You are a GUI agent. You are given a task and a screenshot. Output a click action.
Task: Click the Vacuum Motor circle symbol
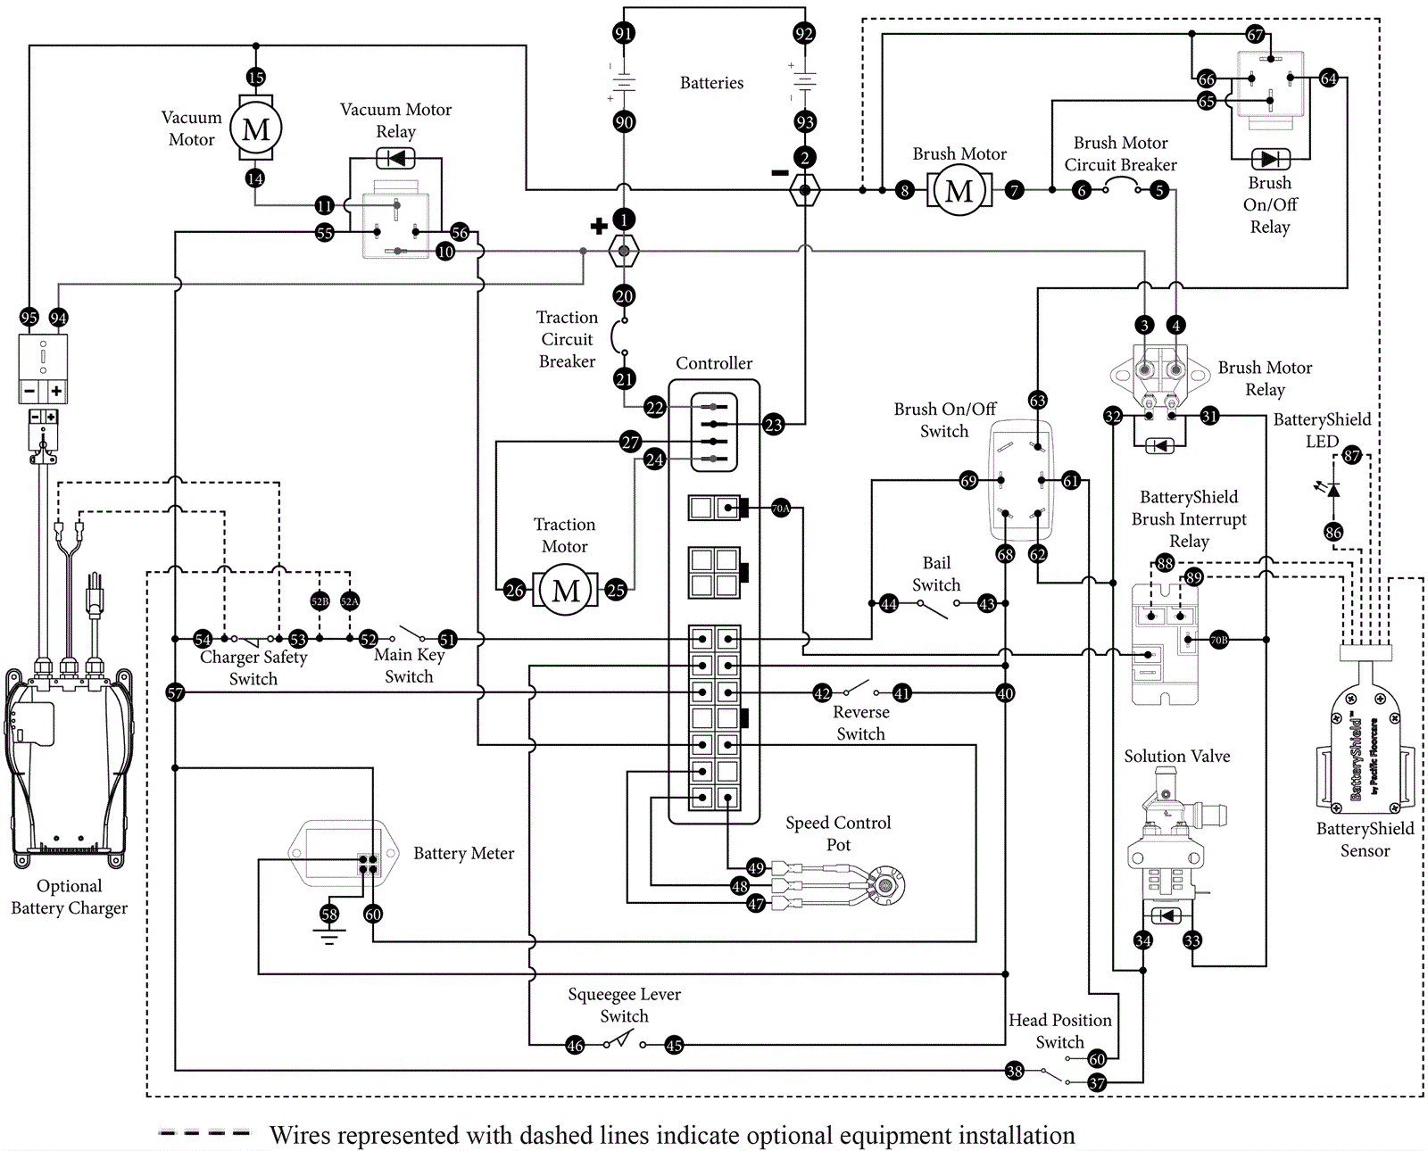(x=255, y=128)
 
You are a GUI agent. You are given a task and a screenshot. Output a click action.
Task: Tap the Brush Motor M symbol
(x=959, y=190)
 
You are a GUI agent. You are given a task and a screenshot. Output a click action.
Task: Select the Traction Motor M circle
(x=566, y=590)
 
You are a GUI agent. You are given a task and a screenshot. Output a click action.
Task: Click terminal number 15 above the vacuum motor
(x=255, y=78)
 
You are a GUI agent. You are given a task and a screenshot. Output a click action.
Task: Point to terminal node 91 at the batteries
(x=623, y=34)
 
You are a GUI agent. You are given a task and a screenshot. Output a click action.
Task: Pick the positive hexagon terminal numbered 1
(x=624, y=250)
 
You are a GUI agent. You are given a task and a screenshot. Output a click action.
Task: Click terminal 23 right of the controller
(x=773, y=425)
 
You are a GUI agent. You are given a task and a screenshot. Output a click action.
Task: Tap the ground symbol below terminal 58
(x=329, y=936)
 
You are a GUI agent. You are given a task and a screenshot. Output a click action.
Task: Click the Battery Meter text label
(x=463, y=854)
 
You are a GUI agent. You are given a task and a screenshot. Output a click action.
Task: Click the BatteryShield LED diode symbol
(x=1333, y=489)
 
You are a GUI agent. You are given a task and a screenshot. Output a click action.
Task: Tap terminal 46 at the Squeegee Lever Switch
(x=575, y=1045)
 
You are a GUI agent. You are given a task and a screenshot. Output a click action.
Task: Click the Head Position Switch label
(x=1059, y=1031)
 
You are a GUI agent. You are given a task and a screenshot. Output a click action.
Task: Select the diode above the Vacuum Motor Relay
(x=395, y=159)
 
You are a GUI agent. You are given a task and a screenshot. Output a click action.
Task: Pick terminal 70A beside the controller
(x=780, y=508)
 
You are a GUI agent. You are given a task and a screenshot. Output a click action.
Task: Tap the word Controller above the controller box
(x=714, y=363)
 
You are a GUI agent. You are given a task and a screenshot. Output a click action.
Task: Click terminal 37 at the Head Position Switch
(x=1097, y=1082)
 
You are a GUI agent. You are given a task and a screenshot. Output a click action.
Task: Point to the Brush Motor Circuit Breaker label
(x=1120, y=153)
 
